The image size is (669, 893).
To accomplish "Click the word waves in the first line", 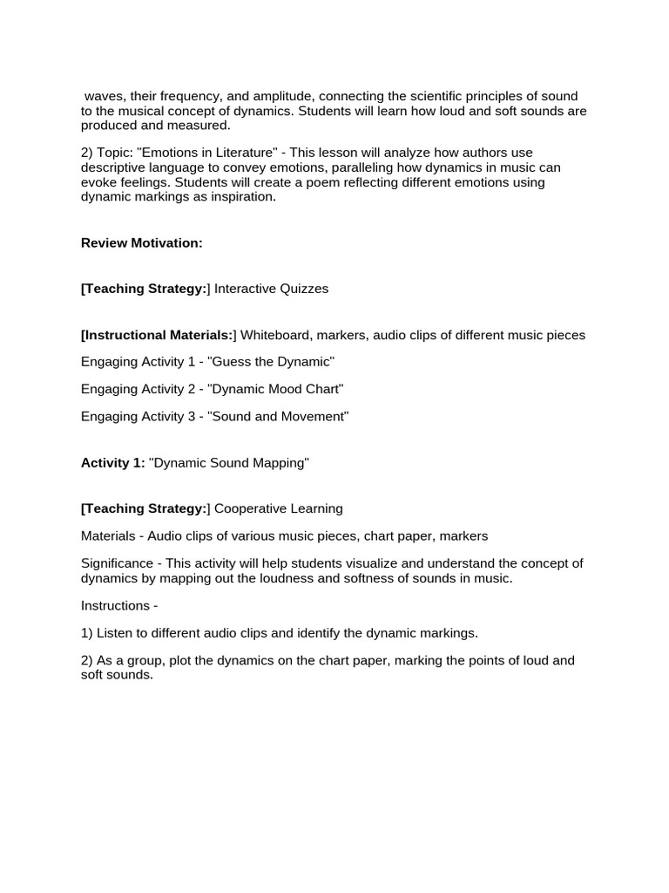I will click(103, 96).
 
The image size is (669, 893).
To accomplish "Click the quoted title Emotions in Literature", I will click(201, 153).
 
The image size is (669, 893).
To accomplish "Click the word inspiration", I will click(241, 197).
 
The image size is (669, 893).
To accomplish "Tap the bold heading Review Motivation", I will click(141, 243).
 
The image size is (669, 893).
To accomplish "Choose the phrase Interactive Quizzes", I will click(272, 289).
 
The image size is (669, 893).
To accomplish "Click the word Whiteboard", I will click(274, 335).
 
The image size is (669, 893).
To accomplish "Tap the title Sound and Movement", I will click(279, 417).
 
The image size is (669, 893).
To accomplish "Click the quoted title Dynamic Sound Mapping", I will click(229, 463).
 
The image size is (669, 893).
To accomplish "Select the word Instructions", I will click(115, 605).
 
